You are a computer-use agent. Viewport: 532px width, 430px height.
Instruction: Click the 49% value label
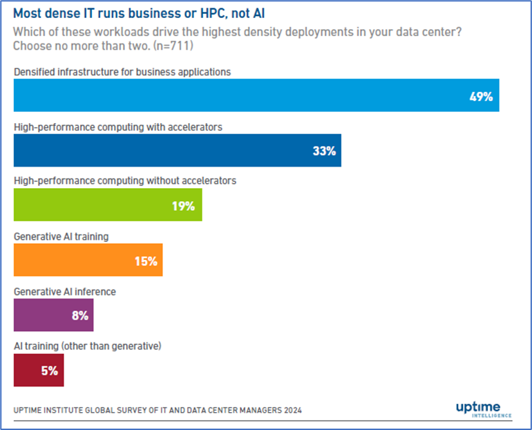pyautogui.click(x=481, y=97)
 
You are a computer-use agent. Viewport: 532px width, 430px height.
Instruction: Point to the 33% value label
pyautogui.click(x=323, y=151)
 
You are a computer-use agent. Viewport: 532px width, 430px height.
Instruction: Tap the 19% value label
pyautogui.click(x=183, y=206)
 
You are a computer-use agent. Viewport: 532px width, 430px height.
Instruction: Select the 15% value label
pyautogui.click(x=146, y=261)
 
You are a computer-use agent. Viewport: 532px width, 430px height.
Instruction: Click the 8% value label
pyautogui.click(x=79, y=316)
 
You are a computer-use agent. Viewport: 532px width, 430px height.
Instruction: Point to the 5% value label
pyautogui.click(x=49, y=371)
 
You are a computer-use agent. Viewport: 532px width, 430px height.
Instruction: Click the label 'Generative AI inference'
pyautogui.click(x=65, y=292)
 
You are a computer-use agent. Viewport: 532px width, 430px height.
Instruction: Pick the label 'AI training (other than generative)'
pyautogui.click(x=87, y=346)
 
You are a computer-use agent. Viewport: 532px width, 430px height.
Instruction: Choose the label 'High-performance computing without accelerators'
pyautogui.click(x=125, y=181)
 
